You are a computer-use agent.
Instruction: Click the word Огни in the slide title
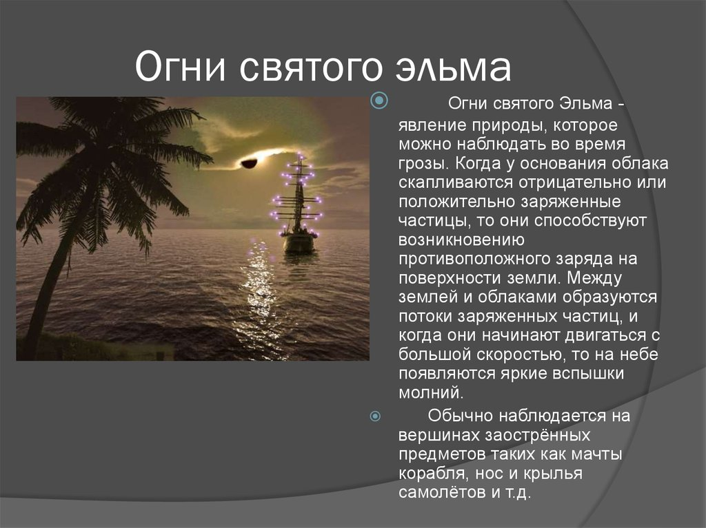180,67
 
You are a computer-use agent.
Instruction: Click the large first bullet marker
379,101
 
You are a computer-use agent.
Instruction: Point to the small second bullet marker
375,416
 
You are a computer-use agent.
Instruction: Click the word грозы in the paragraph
424,164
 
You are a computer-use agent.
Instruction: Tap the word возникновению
461,240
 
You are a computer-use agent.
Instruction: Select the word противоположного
472,260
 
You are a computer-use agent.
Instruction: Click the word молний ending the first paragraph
431,392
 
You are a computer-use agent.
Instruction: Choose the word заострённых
538,435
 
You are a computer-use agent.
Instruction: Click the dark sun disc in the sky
249,163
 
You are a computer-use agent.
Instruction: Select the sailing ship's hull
299,243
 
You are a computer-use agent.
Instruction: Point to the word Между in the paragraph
594,278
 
